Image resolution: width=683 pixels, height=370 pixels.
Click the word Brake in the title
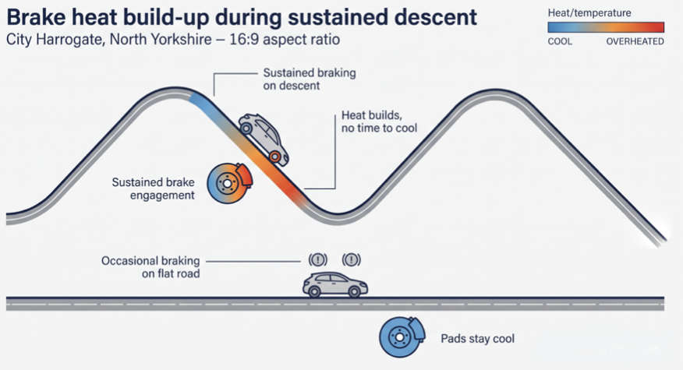(36, 17)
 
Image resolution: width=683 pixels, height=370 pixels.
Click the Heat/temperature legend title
(589, 13)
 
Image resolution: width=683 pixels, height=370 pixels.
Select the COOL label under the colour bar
(560, 41)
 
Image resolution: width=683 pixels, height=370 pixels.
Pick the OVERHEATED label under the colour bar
(635, 41)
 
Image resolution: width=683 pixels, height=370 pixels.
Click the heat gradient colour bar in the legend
(606, 27)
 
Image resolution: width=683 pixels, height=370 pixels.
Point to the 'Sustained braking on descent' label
(310, 79)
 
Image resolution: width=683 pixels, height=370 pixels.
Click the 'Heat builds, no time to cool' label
(379, 122)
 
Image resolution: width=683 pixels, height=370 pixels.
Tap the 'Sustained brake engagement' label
(153, 189)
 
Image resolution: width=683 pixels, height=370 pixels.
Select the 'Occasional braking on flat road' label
(150, 267)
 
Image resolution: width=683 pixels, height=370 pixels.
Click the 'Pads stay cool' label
(477, 339)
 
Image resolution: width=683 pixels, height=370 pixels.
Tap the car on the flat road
(335, 284)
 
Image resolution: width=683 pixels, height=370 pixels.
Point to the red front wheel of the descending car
(275, 157)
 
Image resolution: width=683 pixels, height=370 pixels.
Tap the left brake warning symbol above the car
(317, 260)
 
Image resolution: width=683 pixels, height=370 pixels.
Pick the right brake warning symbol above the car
(351, 260)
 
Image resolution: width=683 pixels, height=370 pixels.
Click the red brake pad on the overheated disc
(244, 175)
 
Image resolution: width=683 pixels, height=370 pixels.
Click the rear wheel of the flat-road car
(314, 291)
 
